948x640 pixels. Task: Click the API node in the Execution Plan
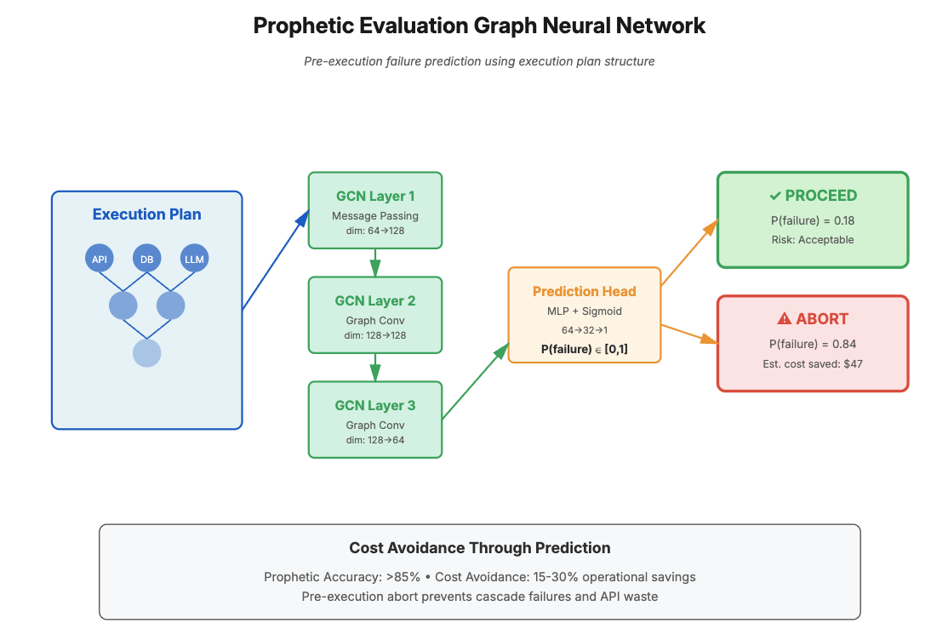coord(99,259)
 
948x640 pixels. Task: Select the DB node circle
coord(147,259)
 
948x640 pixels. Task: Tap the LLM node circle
coord(195,259)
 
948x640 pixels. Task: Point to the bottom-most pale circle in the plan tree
coord(147,352)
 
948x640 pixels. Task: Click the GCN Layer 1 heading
coord(374,197)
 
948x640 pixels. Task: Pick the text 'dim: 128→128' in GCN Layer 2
coord(374,335)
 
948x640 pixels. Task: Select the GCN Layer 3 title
coord(374,406)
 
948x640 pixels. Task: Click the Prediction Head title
coord(584,291)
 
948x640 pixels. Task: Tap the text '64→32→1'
coord(584,330)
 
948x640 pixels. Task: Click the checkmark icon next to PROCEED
coord(774,196)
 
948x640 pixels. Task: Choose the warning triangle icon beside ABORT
coord(784,319)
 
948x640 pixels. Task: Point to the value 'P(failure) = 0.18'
coord(812,220)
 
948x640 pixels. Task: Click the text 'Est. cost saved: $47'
coord(812,364)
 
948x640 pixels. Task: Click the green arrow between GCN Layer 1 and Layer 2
coord(374,262)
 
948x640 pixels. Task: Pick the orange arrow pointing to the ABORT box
coord(689,334)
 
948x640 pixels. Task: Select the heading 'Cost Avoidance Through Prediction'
coord(479,548)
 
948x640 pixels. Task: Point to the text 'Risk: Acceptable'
coord(812,240)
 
